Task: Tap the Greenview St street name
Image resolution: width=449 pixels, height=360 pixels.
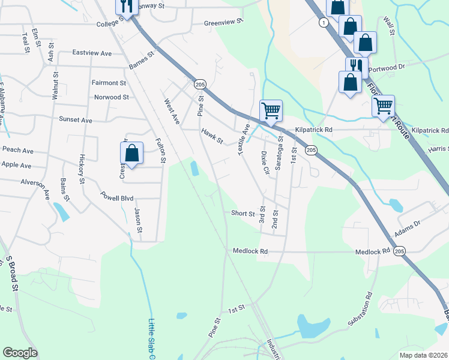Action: (x=223, y=22)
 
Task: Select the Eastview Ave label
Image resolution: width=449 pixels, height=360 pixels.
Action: (x=92, y=53)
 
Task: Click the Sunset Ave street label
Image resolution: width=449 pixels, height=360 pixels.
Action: (x=75, y=120)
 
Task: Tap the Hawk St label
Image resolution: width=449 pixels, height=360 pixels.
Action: (x=212, y=137)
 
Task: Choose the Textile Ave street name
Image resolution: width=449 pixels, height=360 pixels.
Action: (x=245, y=140)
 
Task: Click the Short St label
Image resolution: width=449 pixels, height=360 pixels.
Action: (x=243, y=213)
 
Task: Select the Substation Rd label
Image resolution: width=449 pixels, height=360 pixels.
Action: (x=360, y=311)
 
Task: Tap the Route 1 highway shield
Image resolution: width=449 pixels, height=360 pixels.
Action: (x=324, y=22)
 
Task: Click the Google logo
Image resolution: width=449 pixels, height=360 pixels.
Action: (x=20, y=353)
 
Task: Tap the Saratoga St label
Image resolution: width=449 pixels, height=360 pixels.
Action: (x=279, y=153)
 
